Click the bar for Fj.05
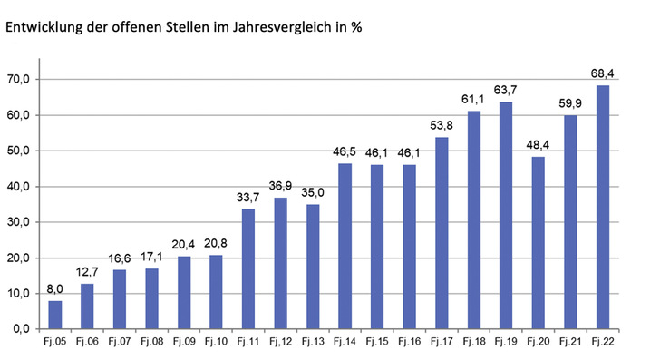55,315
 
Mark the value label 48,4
538,143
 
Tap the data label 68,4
602,72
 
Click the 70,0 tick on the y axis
19,80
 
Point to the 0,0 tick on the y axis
22,329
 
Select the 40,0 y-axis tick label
19,187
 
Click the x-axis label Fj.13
313,343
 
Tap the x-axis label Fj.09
184,343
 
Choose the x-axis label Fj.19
506,343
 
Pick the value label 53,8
442,124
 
